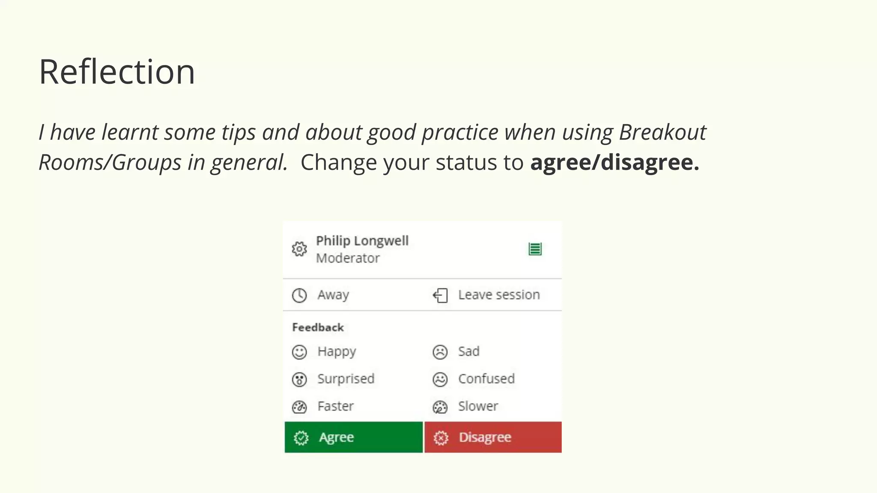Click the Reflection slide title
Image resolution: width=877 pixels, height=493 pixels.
[117, 71]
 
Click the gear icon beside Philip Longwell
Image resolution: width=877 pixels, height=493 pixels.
[299, 249]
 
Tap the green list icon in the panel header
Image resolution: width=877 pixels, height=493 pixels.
[535, 249]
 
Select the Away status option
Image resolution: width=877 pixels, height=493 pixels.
[333, 295]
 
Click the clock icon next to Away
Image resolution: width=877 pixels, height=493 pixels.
[299, 295]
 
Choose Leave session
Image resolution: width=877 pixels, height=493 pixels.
[498, 295]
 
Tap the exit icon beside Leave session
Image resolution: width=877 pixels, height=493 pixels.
[440, 295]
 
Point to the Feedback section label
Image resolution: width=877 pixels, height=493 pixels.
[318, 327]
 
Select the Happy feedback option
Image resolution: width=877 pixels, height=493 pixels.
[337, 351]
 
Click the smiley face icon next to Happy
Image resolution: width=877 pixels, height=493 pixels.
[299, 352]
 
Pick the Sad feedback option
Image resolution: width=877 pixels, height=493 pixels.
[468, 351]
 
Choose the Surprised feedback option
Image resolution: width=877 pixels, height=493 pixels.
[346, 379]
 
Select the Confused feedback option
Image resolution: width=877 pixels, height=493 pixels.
[486, 379]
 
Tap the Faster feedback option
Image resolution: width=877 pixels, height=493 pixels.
[335, 406]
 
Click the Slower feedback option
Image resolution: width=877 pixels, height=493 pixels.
[478, 406]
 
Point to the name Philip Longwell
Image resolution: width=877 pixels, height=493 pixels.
[362, 241]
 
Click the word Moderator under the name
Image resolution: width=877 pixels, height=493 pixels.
[348, 258]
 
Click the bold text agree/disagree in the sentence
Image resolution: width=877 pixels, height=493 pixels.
[614, 162]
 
